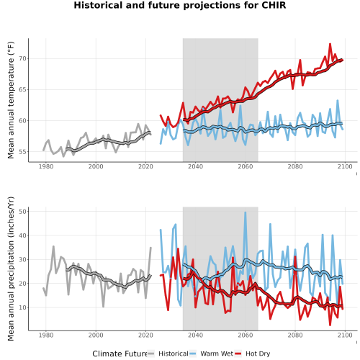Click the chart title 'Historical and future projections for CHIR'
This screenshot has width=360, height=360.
(x=180, y=5)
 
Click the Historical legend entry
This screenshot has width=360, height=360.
(x=168, y=354)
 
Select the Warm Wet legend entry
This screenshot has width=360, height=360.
(x=212, y=354)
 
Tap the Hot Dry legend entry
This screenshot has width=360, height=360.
(x=252, y=354)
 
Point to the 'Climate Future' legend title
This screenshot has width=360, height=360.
(x=120, y=354)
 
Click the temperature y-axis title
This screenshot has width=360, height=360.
(x=11, y=100)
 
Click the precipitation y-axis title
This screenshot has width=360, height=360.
(x=11, y=269)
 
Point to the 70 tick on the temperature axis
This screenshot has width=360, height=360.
(x=23, y=58)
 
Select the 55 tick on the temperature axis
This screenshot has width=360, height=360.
(x=23, y=152)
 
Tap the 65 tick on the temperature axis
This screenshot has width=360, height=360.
(x=23, y=89)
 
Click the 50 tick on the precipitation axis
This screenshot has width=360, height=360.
(x=23, y=212)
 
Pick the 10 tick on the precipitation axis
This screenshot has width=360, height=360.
(x=23, y=307)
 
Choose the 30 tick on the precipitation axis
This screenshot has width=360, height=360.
(x=23, y=259)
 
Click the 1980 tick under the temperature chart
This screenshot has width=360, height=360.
(x=46, y=166)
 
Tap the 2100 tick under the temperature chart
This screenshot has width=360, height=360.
(x=345, y=166)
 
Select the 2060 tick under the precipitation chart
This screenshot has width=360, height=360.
(x=246, y=335)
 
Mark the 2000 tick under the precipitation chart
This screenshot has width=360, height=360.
(x=96, y=335)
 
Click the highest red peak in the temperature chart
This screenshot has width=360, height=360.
(x=330, y=44)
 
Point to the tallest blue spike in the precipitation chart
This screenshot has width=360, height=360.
(x=246, y=212)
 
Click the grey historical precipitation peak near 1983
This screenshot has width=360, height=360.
(x=53, y=246)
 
